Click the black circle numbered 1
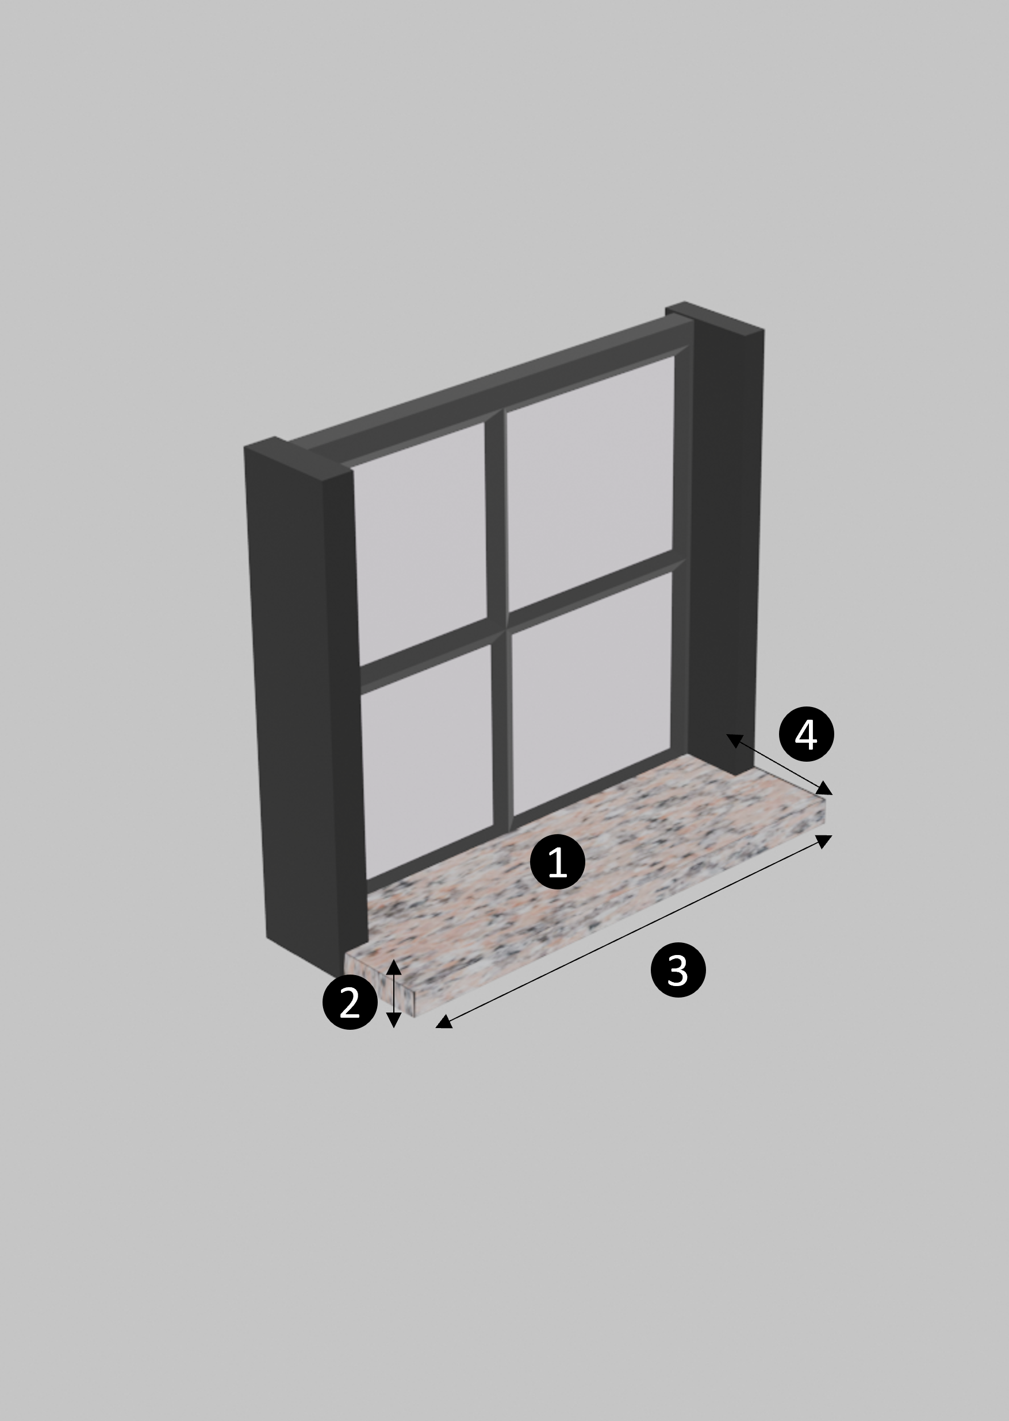coord(557,862)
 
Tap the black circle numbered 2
coord(350,1002)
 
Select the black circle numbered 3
coord(678,971)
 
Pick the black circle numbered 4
coord(807,734)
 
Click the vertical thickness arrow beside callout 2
coord(394,994)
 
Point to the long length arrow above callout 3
coord(634,932)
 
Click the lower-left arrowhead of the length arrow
coord(444,1021)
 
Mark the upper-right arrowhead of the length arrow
coord(824,841)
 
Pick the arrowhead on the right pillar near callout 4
coord(734,740)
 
